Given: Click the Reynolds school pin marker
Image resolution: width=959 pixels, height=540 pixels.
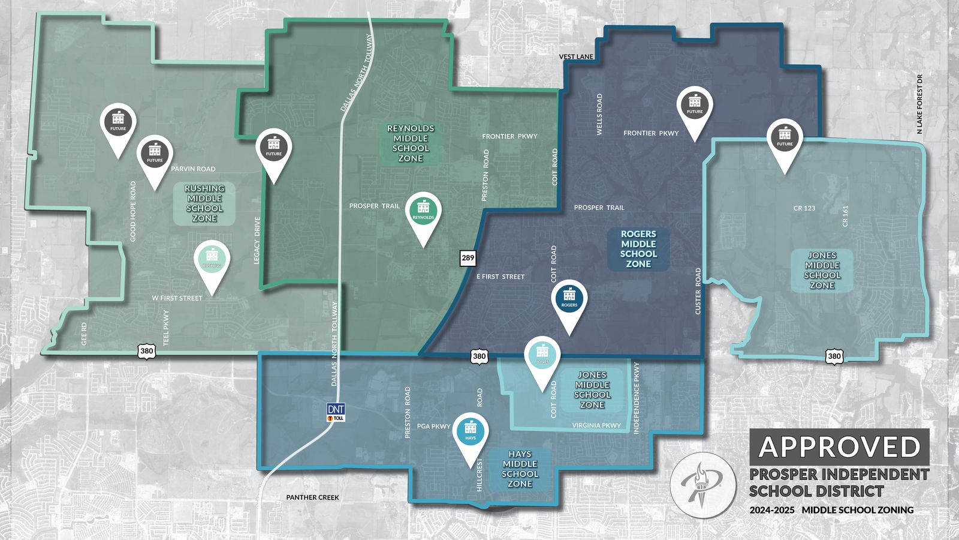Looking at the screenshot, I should click(423, 213).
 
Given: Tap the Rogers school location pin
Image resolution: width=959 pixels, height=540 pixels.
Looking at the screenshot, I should click(569, 301).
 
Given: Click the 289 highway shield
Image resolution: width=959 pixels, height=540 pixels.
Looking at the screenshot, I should click(468, 259).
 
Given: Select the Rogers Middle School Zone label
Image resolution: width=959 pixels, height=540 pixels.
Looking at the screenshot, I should click(638, 249).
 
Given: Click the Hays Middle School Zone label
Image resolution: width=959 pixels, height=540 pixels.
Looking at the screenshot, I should click(520, 469).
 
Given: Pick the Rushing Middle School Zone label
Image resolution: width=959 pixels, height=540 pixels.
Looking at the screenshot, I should click(204, 203).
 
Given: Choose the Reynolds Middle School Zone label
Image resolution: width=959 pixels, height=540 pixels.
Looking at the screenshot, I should click(411, 143).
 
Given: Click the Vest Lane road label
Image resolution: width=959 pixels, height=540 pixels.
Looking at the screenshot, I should click(576, 57).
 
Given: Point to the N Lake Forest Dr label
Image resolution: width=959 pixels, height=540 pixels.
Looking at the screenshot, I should click(920, 104).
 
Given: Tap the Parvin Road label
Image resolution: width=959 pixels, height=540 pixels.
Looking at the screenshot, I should click(193, 169).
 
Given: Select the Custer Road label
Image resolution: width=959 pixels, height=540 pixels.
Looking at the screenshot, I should click(698, 291).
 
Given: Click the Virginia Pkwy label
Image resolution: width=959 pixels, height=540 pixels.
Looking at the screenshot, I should click(596, 425).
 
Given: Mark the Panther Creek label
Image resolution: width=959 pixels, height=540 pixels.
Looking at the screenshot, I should click(312, 497).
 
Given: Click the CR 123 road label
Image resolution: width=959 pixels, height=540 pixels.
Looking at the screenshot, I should click(804, 208).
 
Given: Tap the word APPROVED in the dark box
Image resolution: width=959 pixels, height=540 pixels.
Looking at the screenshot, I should click(839, 447).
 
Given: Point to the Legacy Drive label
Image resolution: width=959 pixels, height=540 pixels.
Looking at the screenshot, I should click(258, 241).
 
